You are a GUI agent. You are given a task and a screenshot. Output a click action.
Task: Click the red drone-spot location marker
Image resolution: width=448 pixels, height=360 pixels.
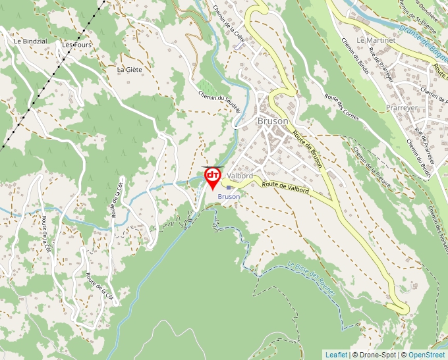pyautogui.click(x=213, y=177)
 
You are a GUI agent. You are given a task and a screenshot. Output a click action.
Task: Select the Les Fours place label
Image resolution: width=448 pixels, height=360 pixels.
pyautogui.click(x=76, y=45)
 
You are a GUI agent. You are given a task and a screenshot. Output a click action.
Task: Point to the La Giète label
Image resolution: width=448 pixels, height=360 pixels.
pyautogui.click(x=129, y=69)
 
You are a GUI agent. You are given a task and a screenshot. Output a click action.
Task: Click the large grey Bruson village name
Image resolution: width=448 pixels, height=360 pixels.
pyautogui.click(x=273, y=121)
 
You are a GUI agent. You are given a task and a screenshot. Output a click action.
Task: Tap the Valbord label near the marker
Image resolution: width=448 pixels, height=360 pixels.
pyautogui.click(x=240, y=176)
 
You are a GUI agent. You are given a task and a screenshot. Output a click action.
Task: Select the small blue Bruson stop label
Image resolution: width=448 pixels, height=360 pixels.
pyautogui.click(x=229, y=196)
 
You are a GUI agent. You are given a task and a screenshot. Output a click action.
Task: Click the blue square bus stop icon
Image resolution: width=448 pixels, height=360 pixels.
pyautogui.click(x=229, y=188)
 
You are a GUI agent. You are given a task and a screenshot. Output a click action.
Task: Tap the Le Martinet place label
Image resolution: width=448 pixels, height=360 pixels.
pyautogui.click(x=375, y=40)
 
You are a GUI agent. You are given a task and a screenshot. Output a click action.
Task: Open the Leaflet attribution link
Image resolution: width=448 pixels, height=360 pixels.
pyautogui.click(x=336, y=355)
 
